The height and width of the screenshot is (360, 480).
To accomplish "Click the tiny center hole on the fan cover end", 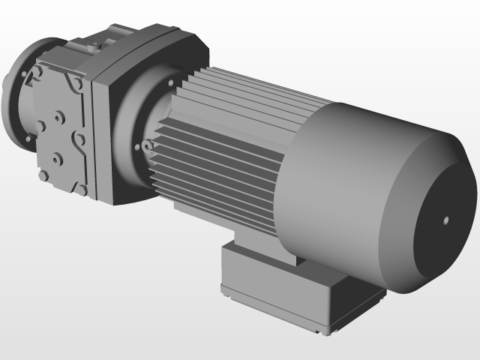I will [446, 220].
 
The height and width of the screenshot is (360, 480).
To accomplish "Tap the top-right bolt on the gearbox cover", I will [76, 85].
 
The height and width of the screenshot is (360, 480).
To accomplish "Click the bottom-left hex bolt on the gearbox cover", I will [43, 175].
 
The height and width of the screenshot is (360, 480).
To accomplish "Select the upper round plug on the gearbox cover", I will [58, 117].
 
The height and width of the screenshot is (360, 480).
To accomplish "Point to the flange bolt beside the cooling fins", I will [148, 145].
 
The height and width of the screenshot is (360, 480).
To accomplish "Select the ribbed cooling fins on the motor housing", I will [225, 142].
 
